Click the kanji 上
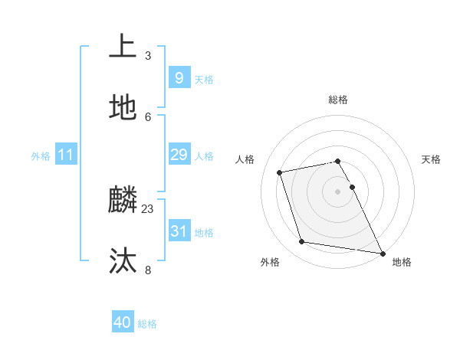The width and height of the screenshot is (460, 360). tap(123, 47)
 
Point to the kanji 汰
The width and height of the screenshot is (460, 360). tap(123, 261)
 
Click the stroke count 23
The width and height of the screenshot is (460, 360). tap(148, 208)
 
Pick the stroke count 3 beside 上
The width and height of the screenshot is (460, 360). tap(148, 55)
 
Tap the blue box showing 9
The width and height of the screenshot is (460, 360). tap(179, 77)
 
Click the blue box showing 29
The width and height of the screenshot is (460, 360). tap(179, 155)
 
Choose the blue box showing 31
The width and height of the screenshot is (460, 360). tap(179, 231)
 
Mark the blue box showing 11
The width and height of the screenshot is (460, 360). tap(66, 155)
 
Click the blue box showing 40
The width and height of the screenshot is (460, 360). tap(123, 322)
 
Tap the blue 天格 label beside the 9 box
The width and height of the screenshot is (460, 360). tap(204, 79)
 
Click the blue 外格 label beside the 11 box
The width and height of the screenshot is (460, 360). tap(41, 156)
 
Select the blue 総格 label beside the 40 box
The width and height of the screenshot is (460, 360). tap(147, 324)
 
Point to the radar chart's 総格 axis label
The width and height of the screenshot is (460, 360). tap(337, 100)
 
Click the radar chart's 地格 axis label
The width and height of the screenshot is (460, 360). tap(402, 262)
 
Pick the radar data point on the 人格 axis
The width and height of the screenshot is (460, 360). tap(280, 172)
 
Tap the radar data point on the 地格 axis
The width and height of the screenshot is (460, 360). tap(382, 252)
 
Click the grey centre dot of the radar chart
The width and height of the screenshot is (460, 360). tap(337, 191)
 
